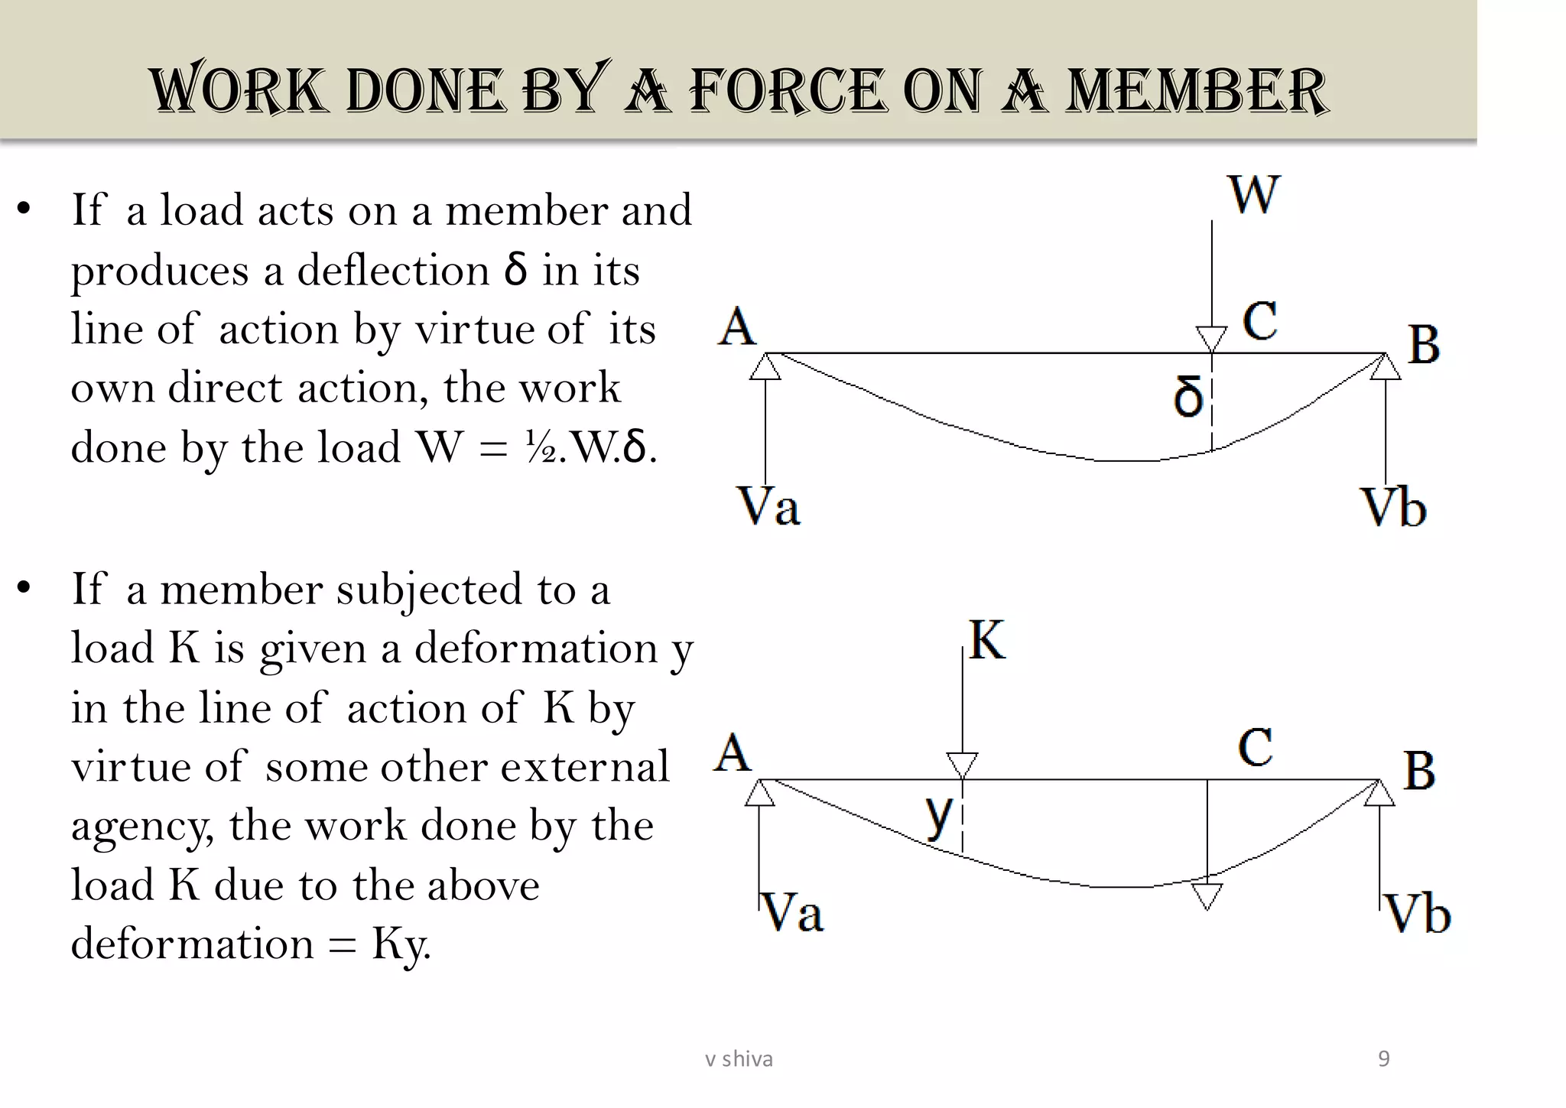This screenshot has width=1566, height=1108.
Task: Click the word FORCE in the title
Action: (788, 90)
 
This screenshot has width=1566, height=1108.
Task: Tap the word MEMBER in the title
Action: (1197, 90)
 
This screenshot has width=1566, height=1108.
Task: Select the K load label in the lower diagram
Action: (986, 640)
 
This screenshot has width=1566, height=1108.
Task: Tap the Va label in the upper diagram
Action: (768, 506)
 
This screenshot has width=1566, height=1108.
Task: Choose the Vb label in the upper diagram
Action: (1393, 508)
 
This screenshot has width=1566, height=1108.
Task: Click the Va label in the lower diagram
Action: (792, 912)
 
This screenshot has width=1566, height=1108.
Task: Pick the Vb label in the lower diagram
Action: (1418, 914)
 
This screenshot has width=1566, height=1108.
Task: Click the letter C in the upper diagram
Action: (1259, 320)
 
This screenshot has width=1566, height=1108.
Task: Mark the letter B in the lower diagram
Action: (1419, 770)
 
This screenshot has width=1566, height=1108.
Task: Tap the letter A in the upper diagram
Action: (737, 327)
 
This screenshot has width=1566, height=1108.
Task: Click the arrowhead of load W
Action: (1211, 339)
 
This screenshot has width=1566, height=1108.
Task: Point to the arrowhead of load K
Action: (962, 765)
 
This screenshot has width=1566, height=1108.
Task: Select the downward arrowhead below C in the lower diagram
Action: (1207, 895)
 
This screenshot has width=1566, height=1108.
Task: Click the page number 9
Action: (1383, 1059)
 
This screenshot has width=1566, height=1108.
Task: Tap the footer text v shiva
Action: (739, 1059)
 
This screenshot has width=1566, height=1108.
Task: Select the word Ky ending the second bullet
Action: (401, 944)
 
